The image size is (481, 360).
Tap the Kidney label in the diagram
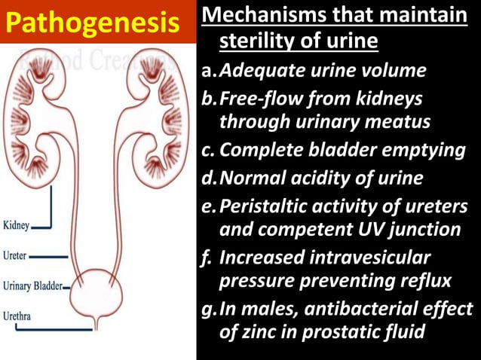click(x=17, y=225)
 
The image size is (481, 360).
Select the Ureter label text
click(x=16, y=256)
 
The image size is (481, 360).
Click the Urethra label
click(x=17, y=316)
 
